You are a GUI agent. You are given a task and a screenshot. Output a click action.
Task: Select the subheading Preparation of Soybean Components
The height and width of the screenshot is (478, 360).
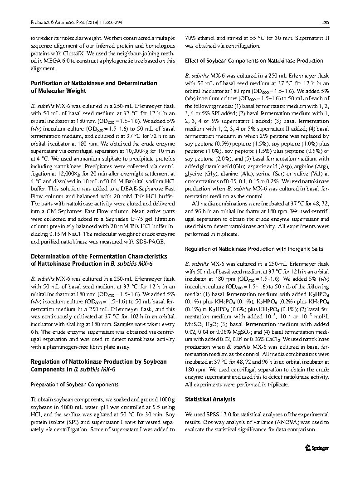point(74,384)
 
